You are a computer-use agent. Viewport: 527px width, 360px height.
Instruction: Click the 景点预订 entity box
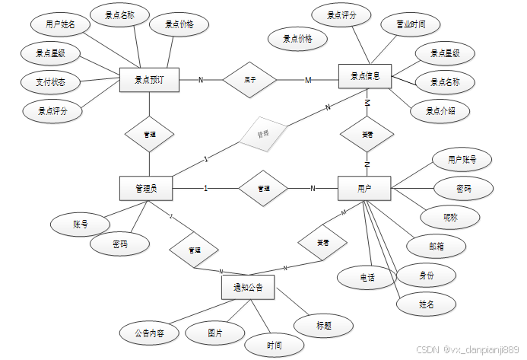click(149, 79)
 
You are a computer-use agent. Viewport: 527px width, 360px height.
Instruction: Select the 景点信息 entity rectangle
click(364, 76)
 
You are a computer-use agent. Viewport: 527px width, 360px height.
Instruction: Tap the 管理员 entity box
click(146, 188)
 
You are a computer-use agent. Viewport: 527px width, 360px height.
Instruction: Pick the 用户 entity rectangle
click(364, 188)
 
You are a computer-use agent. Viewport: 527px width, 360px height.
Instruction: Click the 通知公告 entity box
click(248, 287)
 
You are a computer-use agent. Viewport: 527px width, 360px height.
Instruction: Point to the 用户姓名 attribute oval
click(61, 24)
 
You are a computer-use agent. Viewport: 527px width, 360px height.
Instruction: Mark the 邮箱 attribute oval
click(436, 245)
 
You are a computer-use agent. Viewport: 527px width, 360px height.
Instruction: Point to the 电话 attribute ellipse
click(368, 278)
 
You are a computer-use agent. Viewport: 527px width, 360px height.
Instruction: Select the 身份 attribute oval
click(427, 275)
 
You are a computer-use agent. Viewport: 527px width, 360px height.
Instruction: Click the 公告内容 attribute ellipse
click(150, 333)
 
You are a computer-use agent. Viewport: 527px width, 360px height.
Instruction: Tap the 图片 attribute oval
click(215, 333)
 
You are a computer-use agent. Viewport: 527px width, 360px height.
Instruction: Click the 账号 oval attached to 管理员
click(80, 224)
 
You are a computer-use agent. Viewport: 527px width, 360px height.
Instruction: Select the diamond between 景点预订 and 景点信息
click(250, 79)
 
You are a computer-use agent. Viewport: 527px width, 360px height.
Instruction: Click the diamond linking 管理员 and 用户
click(263, 188)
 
